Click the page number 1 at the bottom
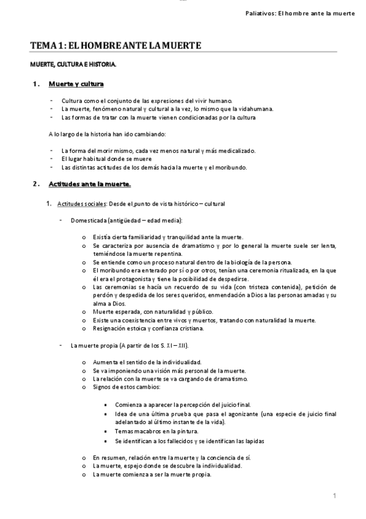(335, 495)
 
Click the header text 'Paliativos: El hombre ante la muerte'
(296, 13)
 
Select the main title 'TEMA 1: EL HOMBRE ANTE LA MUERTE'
(115, 45)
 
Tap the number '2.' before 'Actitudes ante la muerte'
(35, 184)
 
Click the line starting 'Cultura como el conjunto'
(147, 100)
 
